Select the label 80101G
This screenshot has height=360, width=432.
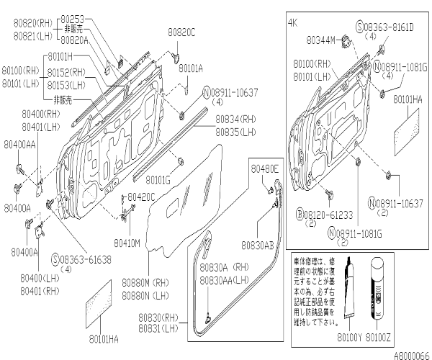(x=158, y=179)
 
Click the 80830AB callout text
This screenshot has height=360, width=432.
(x=258, y=244)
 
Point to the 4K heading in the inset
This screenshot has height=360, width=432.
(x=292, y=23)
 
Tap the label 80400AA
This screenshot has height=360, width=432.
(x=19, y=144)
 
